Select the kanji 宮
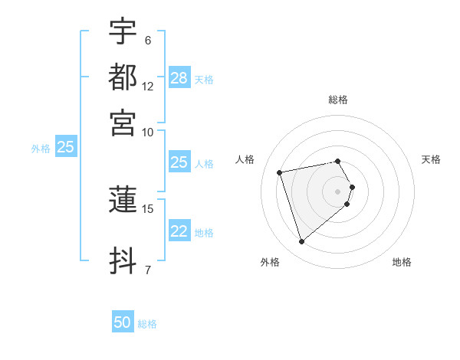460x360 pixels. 123,123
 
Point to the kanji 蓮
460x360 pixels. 123,201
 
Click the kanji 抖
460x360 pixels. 123,260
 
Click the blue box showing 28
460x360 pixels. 179,78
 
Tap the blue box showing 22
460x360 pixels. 179,232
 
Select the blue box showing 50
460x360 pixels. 123,323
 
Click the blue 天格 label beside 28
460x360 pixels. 204,79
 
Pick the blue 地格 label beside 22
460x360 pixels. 204,233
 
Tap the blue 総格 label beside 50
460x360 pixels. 147,324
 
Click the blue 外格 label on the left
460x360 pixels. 41,149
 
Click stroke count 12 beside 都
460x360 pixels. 148,86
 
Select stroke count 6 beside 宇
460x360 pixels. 147,40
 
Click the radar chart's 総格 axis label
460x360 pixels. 338,100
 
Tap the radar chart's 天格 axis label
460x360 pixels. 432,159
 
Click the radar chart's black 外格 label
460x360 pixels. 270,262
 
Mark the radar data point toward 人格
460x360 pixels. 280,172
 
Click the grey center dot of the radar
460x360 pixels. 338,190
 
